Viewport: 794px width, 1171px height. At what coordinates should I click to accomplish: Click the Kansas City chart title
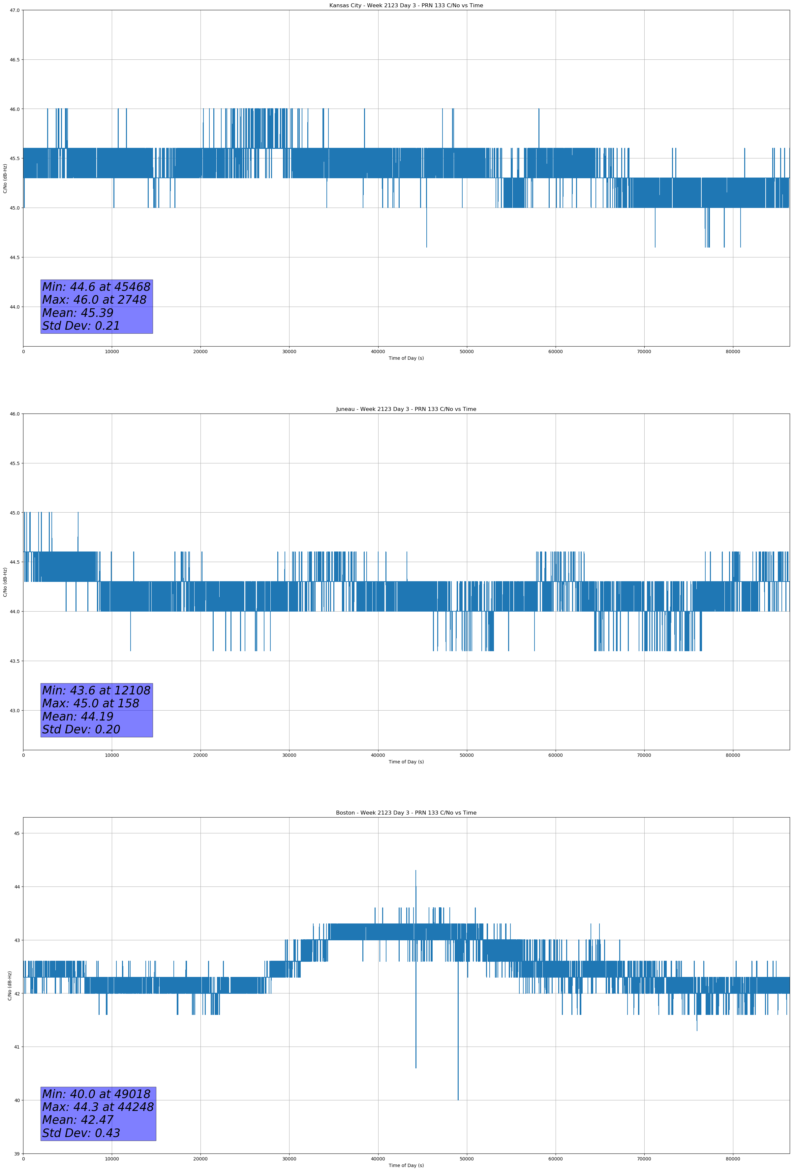(x=406, y=6)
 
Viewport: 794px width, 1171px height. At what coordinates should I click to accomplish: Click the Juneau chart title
(x=406, y=409)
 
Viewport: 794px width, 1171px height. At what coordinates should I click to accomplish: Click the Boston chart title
(x=406, y=813)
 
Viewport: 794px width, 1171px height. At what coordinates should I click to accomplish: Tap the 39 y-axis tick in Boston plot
(x=16, y=1154)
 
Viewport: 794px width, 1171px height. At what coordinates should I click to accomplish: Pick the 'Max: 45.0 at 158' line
(x=91, y=703)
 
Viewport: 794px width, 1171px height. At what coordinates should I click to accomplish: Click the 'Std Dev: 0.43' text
(x=81, y=1133)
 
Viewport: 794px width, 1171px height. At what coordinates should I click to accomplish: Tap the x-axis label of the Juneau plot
(x=406, y=762)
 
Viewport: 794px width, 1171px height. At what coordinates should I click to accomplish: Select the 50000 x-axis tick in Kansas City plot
(x=467, y=352)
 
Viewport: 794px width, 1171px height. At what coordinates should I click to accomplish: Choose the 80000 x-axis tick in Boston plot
(x=733, y=1159)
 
